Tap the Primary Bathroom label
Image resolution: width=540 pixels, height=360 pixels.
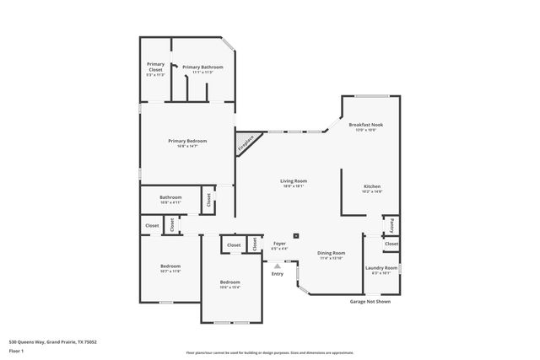(208, 67)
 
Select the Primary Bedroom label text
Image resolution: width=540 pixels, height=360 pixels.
(188, 142)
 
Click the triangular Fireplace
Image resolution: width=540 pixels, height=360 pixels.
(246, 143)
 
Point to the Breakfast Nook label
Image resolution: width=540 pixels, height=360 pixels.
(370, 126)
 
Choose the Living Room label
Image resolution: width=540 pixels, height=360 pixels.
(294, 181)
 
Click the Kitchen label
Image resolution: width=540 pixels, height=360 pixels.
(372, 188)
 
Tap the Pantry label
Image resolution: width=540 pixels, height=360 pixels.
(391, 225)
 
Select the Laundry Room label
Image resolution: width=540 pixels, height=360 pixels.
(381, 269)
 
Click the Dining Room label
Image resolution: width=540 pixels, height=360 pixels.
(331, 254)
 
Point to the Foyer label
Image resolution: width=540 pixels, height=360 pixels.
(279, 244)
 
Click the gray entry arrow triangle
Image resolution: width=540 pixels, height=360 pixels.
(277, 264)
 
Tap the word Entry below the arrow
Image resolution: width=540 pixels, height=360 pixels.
(277, 273)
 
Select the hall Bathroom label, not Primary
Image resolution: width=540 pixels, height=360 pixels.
(171, 199)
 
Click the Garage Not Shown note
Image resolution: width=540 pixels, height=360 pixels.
(370, 301)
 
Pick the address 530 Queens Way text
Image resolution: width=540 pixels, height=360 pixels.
(52, 341)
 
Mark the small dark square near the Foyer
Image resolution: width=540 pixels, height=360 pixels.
(296, 236)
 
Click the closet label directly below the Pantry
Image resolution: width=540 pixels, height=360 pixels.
(391, 244)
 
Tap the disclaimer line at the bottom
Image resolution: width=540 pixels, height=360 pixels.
(271, 352)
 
